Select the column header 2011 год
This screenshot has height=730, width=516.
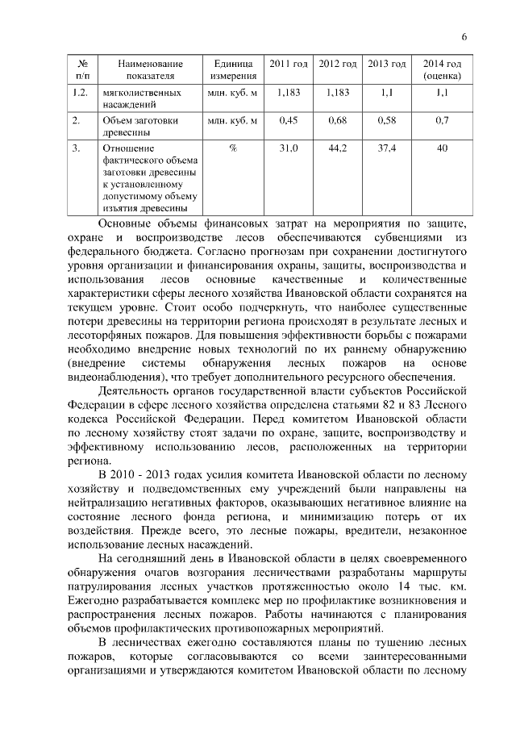288,64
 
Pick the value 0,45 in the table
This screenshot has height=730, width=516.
288,121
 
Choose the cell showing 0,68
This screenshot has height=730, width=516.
338,121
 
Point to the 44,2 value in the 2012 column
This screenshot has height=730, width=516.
338,149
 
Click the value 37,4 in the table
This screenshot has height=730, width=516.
387,149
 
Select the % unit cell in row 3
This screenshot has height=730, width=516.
233,149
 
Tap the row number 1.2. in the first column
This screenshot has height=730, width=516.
79,93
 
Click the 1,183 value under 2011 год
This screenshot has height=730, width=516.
288,93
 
